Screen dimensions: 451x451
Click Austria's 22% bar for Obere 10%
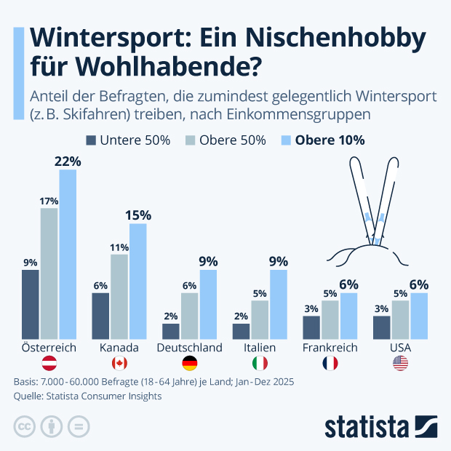68,255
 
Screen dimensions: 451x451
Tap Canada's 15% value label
137,215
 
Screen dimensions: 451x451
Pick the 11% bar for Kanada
119,297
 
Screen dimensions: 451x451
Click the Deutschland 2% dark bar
171,331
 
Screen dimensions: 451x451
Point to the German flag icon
189,364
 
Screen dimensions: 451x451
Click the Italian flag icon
260,364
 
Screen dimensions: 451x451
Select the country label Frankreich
330,348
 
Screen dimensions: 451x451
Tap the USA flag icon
401,364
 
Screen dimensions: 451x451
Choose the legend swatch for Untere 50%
92,140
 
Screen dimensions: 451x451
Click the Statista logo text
367,426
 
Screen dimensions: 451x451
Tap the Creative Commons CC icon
25,426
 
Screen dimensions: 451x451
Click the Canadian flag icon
119,364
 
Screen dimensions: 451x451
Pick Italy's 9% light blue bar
279,304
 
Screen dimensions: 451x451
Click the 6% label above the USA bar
418,284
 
